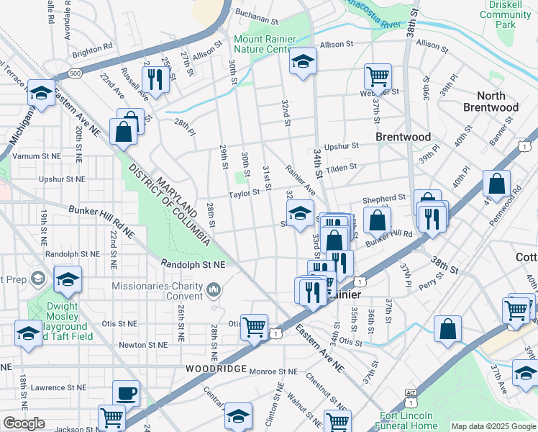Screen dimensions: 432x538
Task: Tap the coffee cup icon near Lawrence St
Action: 127,393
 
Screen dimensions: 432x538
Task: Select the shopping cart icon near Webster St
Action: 378,76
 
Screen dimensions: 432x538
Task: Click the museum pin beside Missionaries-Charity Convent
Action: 213,290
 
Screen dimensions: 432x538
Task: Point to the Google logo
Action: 24,423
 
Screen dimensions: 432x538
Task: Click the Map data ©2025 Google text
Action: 493,426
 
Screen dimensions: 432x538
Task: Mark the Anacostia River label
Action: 373,15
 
